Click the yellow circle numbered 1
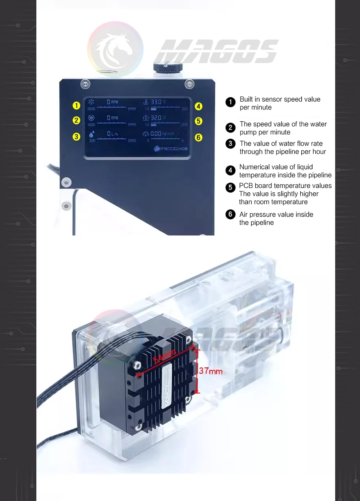76,106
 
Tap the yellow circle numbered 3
76,137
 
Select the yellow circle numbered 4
198,106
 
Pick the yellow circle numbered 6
198,138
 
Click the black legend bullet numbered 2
230,128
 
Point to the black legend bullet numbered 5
230,187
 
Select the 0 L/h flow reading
112,134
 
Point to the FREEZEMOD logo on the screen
171,148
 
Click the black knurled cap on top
168,67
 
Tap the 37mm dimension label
211,371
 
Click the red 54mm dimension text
165,356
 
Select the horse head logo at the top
115,49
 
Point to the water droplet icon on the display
92,134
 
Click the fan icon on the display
91,102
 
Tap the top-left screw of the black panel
85,84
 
